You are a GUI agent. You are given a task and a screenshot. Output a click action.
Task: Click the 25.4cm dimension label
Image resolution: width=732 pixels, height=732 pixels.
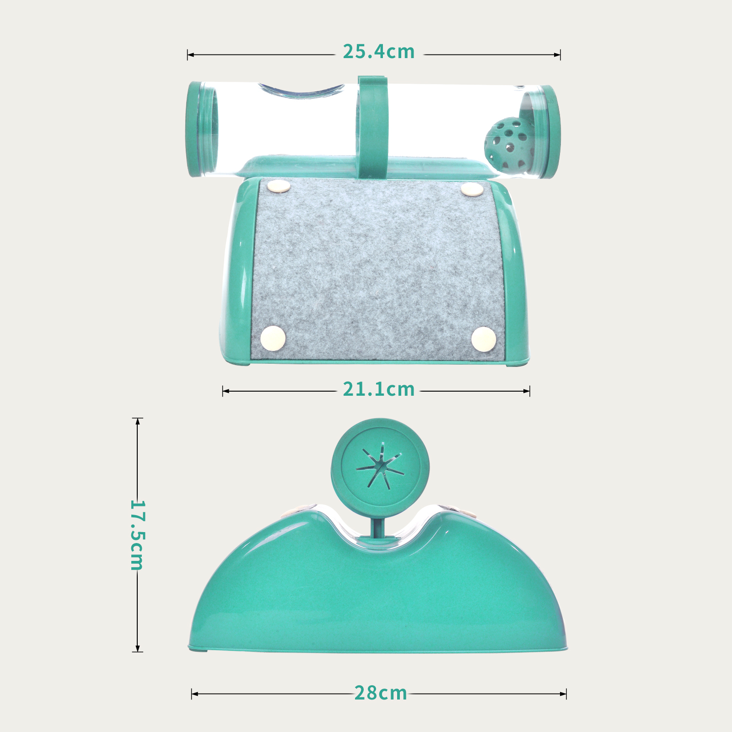pos(379,52)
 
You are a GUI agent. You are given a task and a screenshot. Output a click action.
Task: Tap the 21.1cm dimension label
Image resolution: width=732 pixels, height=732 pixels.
pos(379,389)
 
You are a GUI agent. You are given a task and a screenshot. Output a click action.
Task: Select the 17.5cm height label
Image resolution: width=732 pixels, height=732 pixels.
pos(137,535)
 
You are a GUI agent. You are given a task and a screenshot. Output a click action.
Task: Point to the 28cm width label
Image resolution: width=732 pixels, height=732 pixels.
pos(381,693)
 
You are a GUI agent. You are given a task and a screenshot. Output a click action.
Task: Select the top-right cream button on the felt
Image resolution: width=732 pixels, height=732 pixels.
pos(472,189)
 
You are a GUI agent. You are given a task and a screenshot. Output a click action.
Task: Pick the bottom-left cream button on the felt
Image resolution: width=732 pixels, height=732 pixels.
pos(273,338)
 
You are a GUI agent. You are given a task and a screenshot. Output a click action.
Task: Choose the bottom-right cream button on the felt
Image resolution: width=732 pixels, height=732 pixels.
pos(484,339)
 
